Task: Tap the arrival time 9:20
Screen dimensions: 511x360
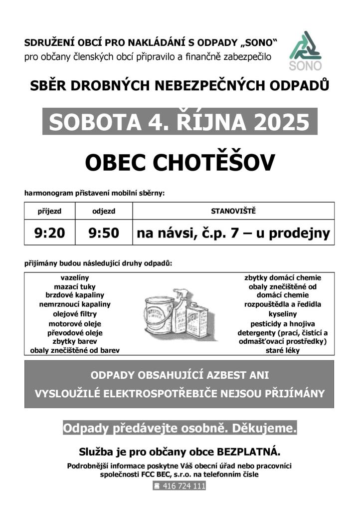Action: click(49, 233)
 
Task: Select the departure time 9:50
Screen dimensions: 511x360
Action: click(104, 233)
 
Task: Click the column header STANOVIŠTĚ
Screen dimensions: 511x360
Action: click(233, 211)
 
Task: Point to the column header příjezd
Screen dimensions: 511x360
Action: click(49, 211)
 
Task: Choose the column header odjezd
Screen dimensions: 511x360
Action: click(104, 211)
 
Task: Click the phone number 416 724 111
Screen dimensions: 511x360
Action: click(183, 486)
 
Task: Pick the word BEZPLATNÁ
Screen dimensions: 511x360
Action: click(249, 453)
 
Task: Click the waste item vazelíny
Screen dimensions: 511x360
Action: click(75, 277)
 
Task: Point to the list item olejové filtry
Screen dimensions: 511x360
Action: click(75, 314)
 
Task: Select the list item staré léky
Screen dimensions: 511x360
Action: click(282, 350)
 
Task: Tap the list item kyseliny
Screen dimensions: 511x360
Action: click(282, 314)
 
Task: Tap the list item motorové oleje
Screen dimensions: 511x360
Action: click(75, 323)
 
